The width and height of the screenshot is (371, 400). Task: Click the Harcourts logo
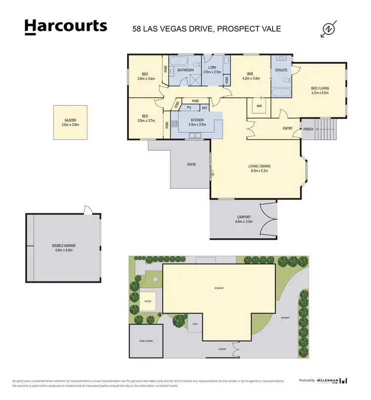(66, 27)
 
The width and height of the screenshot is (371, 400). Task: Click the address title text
(207, 29)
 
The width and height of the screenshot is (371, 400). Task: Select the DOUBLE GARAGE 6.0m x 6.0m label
(63, 248)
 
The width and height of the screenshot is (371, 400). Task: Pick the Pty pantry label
(189, 107)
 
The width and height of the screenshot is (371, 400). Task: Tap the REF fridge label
(204, 107)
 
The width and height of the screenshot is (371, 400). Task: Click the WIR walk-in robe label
(258, 105)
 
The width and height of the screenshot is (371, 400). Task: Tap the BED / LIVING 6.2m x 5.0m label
(320, 89)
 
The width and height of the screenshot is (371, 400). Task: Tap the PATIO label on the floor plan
(191, 164)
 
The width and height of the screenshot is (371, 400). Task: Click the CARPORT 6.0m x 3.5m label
(243, 220)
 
